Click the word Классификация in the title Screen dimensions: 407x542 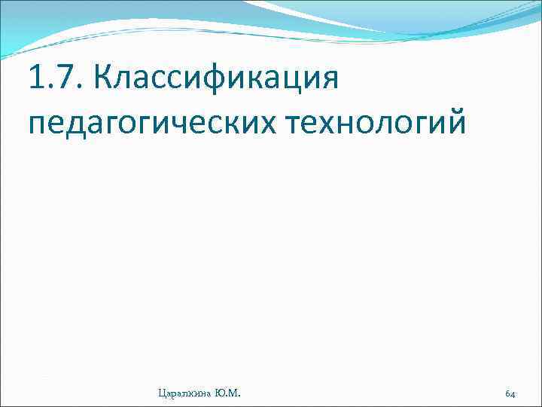click(x=215, y=77)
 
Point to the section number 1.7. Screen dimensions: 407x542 click(x=51, y=77)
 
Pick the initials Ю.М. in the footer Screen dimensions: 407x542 click(x=228, y=393)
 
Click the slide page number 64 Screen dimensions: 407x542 click(x=510, y=393)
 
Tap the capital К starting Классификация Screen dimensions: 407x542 click(x=104, y=77)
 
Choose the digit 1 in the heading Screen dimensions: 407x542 click(x=35, y=77)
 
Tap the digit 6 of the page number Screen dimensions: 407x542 click(x=507, y=393)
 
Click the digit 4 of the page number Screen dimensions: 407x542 click(x=513, y=393)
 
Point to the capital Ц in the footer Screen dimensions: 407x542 click(x=161, y=393)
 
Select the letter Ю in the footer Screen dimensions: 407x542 click(x=220, y=393)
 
